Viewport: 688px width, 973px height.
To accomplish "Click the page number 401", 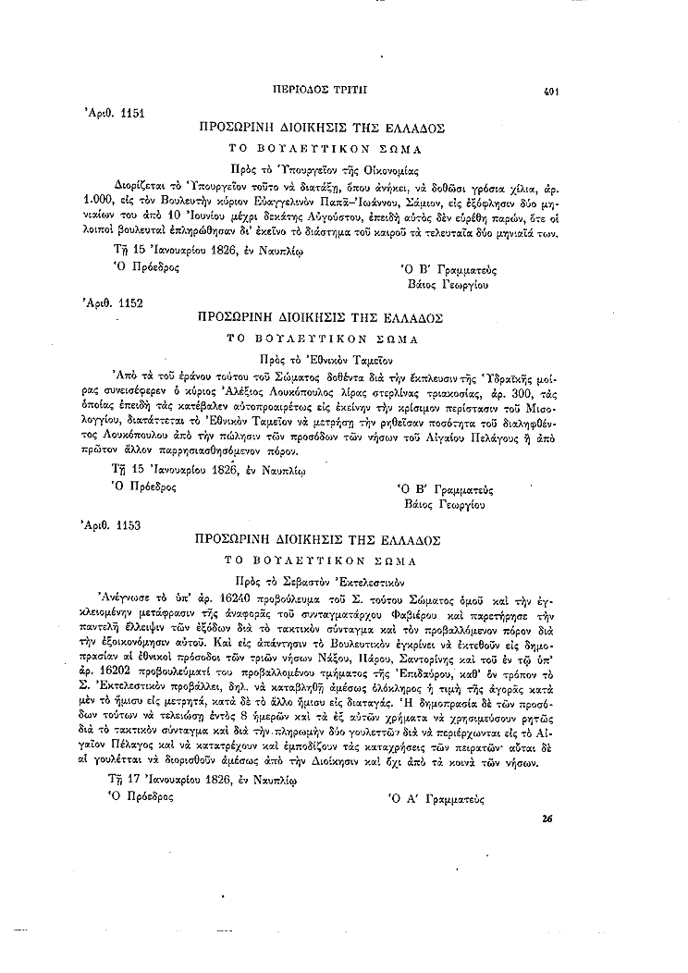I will click(x=554, y=92).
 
